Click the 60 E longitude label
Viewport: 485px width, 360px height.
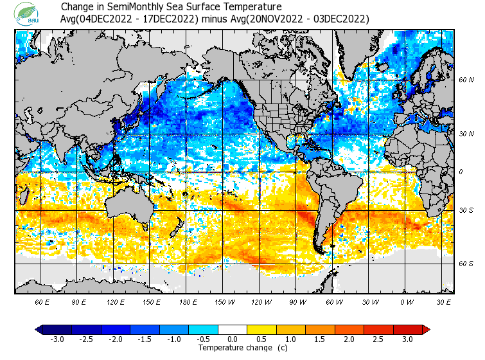[x=42, y=301]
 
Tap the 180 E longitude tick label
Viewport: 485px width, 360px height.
[x=188, y=301]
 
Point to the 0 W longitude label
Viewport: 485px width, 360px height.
[x=407, y=301]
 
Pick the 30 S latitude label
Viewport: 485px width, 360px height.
[x=466, y=210]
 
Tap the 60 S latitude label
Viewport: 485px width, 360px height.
[x=466, y=264]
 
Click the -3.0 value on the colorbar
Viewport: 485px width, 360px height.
[x=58, y=339]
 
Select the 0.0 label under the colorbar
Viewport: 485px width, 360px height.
[x=233, y=339]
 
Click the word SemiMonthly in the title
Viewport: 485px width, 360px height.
[x=137, y=7]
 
